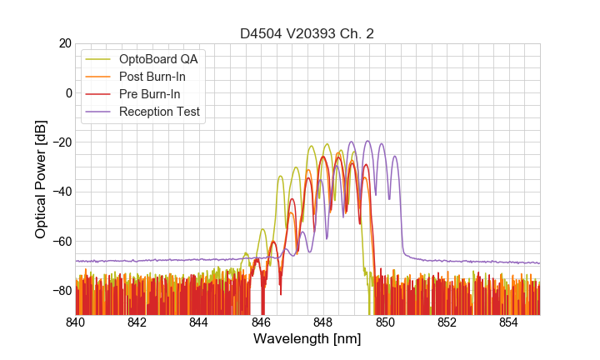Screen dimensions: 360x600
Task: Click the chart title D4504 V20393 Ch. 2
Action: [307, 33]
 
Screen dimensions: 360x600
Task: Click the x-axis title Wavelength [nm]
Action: [307, 339]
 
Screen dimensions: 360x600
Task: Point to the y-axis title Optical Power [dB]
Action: [41, 179]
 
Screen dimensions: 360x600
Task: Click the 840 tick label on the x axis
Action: [76, 322]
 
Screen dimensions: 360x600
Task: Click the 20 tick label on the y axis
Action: [64, 43]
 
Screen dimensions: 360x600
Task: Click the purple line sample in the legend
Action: [100, 112]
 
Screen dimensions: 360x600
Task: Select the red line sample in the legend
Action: [100, 94]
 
